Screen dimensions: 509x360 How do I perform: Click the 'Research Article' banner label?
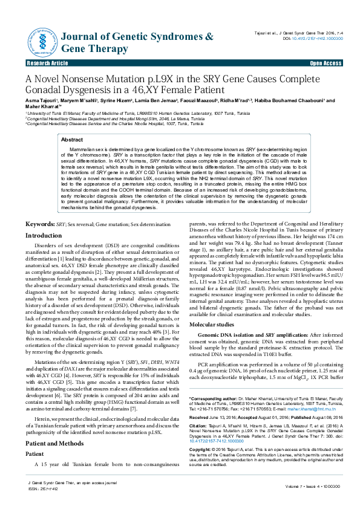[x=47, y=63]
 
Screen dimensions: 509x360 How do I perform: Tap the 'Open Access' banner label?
[x=326, y=63]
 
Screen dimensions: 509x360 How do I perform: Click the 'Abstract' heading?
[x=73, y=140]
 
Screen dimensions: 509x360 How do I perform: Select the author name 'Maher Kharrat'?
[x=42, y=108]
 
